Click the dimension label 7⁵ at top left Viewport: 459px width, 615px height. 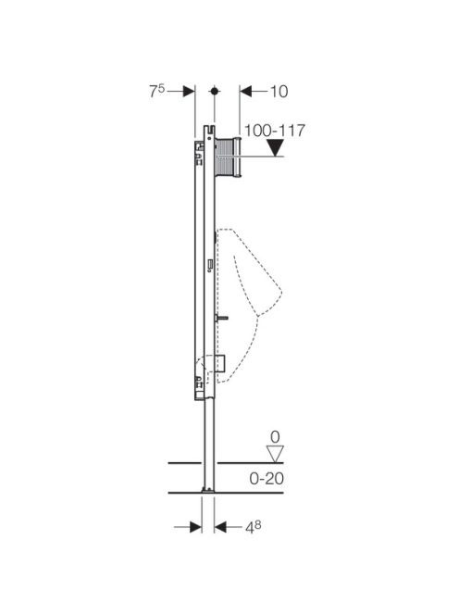click(x=156, y=91)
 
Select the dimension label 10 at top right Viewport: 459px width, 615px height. click(x=279, y=92)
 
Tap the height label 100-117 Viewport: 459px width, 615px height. click(x=274, y=131)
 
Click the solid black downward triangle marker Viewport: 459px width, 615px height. click(x=276, y=148)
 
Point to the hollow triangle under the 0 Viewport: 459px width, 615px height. click(x=275, y=454)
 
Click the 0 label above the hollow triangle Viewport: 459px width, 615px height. click(x=275, y=437)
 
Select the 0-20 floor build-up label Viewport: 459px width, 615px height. click(x=267, y=479)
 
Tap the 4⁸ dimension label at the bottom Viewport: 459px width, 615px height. click(x=254, y=527)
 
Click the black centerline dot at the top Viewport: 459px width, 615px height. click(x=214, y=92)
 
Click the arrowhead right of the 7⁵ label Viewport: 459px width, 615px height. click(x=189, y=92)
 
